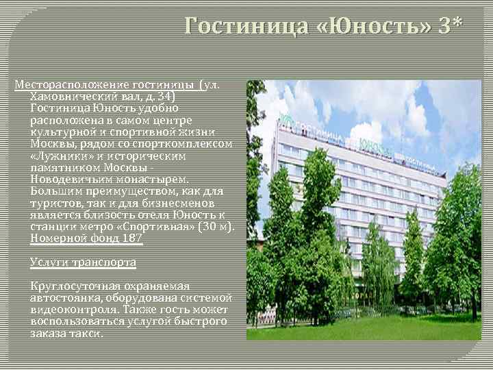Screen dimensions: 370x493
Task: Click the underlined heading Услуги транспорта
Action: click(83, 262)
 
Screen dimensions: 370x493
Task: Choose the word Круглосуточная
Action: click(75, 286)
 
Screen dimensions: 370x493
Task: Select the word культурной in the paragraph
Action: click(62, 132)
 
